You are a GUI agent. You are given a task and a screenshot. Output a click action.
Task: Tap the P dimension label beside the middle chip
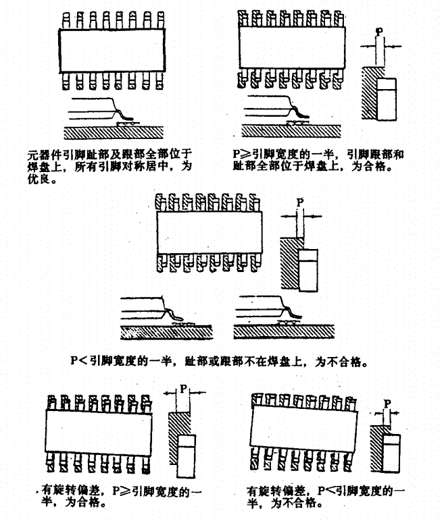click(x=301, y=202)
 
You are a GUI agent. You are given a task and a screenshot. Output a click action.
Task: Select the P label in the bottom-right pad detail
click(x=387, y=403)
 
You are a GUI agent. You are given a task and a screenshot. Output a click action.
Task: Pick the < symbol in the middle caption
click(x=83, y=361)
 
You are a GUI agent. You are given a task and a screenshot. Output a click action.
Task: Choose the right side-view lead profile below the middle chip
click(x=277, y=311)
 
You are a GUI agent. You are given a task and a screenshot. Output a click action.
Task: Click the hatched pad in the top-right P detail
click(x=369, y=94)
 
